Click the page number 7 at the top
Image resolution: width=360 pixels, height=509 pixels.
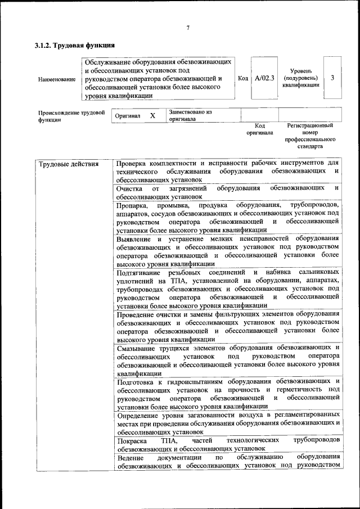click(188, 28)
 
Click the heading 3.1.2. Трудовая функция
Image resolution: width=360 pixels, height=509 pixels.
click(75, 45)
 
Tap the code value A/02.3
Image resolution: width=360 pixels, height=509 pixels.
click(264, 78)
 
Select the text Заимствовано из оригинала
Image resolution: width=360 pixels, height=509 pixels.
click(190, 115)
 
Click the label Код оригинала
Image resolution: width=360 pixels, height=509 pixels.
click(259, 129)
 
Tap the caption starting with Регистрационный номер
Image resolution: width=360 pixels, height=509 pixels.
click(310, 136)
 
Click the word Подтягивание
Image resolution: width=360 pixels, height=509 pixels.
click(141, 272)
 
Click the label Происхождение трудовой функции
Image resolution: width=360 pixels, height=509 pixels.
click(71, 116)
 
